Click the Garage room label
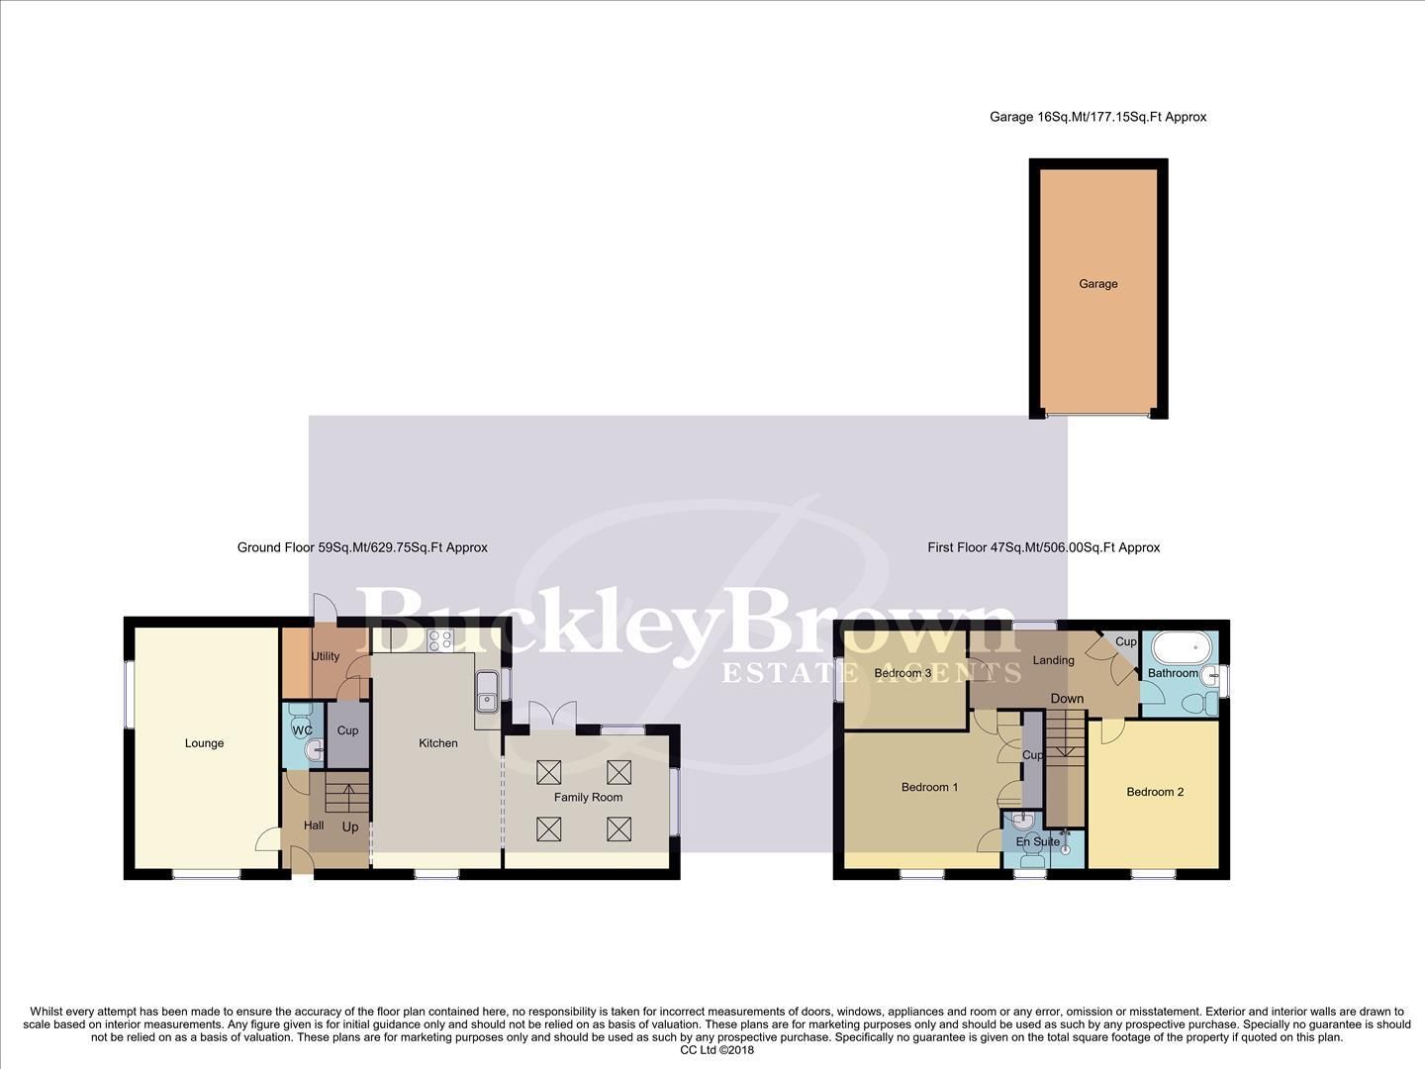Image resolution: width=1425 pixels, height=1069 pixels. tap(1097, 284)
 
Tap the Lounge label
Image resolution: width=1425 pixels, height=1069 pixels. tap(204, 743)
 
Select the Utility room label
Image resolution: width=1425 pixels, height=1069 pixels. tap(326, 656)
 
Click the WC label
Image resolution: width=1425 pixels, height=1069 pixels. tap(302, 730)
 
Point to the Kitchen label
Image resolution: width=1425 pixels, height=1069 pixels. tap(438, 743)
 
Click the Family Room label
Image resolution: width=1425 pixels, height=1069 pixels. tap(589, 797)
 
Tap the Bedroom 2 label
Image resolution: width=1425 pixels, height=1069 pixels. tap(1155, 792)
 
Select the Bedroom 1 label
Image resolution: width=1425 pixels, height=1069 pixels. tap(929, 788)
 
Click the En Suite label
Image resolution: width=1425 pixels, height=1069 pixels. tap(1038, 842)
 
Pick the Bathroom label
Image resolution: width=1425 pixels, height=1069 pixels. tap(1173, 673)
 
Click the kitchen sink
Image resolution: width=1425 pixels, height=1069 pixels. tap(487, 691)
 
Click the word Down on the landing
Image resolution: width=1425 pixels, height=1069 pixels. tap(1067, 699)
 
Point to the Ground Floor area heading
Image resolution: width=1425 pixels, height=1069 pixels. tap(362, 547)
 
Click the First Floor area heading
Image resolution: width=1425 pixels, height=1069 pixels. tap(1043, 547)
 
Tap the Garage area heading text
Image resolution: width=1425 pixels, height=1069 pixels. tap(1097, 117)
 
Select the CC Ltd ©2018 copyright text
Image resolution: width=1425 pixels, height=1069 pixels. tap(717, 1050)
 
